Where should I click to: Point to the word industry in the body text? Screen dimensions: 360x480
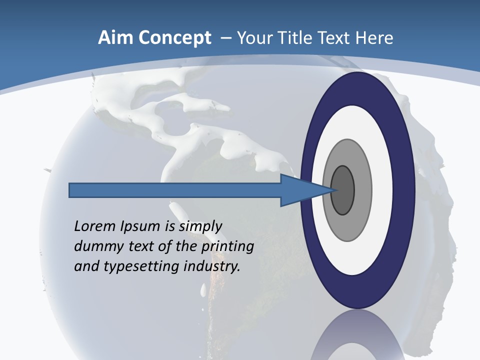coord(212,266)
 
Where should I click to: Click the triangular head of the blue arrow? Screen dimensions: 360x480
coord(300,190)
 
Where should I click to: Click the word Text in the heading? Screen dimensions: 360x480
coord(335,38)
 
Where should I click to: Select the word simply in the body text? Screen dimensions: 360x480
coord(200,226)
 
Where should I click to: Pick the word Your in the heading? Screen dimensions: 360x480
coord(254,38)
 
